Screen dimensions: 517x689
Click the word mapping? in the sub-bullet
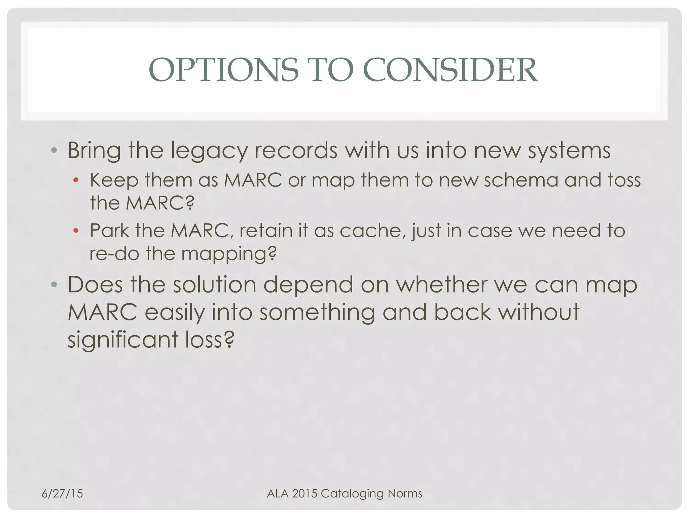click(229, 254)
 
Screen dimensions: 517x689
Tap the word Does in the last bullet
click(95, 285)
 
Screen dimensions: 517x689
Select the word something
click(317, 312)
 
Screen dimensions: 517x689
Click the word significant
click(123, 340)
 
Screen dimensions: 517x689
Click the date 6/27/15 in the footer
click(62, 493)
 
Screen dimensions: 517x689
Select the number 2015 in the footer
click(304, 493)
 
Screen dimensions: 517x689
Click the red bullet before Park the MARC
click(76, 231)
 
